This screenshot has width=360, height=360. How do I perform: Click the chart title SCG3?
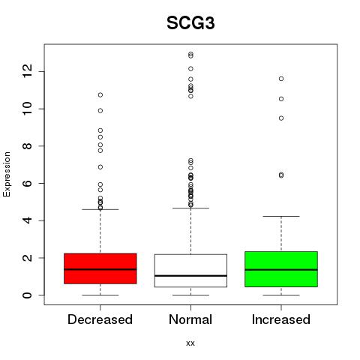[190, 23]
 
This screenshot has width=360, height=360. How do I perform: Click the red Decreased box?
[100, 268]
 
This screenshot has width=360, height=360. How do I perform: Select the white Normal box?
[190, 271]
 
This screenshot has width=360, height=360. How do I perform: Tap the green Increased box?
[281, 269]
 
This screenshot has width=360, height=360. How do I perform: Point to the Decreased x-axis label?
[100, 319]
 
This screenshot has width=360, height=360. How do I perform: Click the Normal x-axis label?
[190, 319]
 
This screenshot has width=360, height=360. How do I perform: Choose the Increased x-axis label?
[281, 319]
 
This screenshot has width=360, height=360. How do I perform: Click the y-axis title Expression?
[7, 174]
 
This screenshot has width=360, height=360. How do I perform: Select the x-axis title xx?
[190, 343]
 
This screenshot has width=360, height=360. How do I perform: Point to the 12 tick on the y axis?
[28, 71]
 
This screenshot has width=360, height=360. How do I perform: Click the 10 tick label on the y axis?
[28, 109]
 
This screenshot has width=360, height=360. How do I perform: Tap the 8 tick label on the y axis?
[28, 145]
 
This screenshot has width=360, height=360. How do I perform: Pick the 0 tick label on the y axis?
[28, 295]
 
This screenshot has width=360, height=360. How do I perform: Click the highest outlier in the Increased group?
[281, 79]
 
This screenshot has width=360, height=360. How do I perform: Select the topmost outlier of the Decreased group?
[100, 94]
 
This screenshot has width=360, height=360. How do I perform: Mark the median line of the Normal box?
[190, 276]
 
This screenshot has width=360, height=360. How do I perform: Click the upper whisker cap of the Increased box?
[281, 216]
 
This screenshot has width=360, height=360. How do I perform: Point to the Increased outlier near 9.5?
[281, 118]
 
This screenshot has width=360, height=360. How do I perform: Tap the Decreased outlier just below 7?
[100, 166]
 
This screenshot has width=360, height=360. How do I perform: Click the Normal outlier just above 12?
[190, 68]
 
